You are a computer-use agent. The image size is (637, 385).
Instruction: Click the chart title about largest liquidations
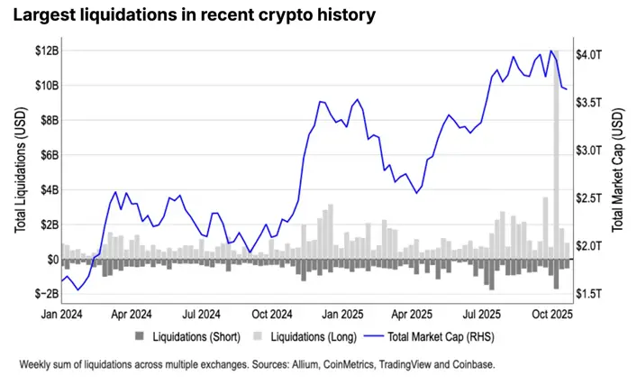pyautogui.click(x=195, y=15)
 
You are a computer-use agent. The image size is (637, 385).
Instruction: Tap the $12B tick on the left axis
pyautogui.click(x=47, y=50)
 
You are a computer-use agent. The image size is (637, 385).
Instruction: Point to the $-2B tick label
pyautogui.click(x=47, y=294)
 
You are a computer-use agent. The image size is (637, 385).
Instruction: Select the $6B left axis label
pyautogui.click(x=50, y=155)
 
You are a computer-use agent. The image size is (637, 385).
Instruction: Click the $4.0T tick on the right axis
pyautogui.click(x=588, y=54)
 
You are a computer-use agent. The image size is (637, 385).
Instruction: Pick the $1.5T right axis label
pyautogui.click(x=588, y=294)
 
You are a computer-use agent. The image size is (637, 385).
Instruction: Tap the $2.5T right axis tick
pyautogui.click(x=588, y=198)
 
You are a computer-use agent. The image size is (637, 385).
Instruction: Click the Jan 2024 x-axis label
pyautogui.click(x=62, y=315)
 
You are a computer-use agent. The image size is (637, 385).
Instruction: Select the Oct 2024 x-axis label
pyautogui.click(x=272, y=315)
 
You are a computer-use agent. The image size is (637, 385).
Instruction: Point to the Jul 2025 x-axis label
pyautogui.click(x=482, y=315)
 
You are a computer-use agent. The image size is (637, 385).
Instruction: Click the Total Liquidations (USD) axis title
pyautogui.click(x=21, y=170)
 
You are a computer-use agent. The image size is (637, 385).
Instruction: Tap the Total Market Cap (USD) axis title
pyautogui.click(x=617, y=170)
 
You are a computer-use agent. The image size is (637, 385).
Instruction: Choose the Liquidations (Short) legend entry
pyautogui.click(x=187, y=336)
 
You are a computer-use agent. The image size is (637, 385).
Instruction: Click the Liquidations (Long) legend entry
pyautogui.click(x=305, y=336)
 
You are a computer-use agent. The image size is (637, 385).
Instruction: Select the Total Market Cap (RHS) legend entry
pyautogui.click(x=429, y=336)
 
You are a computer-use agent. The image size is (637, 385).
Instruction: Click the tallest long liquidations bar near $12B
pyautogui.click(x=556, y=154)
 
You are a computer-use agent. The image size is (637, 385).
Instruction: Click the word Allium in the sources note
pyautogui.click(x=305, y=364)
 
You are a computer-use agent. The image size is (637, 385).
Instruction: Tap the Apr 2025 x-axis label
pyautogui.click(x=412, y=315)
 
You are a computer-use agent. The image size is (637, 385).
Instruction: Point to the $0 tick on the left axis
pyautogui.click(x=53, y=259)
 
